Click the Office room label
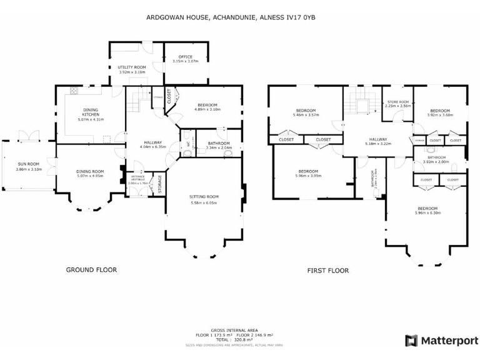tap(185, 57)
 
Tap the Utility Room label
tap(132, 67)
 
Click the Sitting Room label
tap(203, 196)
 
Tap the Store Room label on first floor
tap(398, 101)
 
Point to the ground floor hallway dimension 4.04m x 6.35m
tap(153, 147)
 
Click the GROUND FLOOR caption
tap(91, 270)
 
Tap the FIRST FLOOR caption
tap(327, 271)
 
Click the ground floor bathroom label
tap(219, 143)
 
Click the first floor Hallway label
tap(377, 139)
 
